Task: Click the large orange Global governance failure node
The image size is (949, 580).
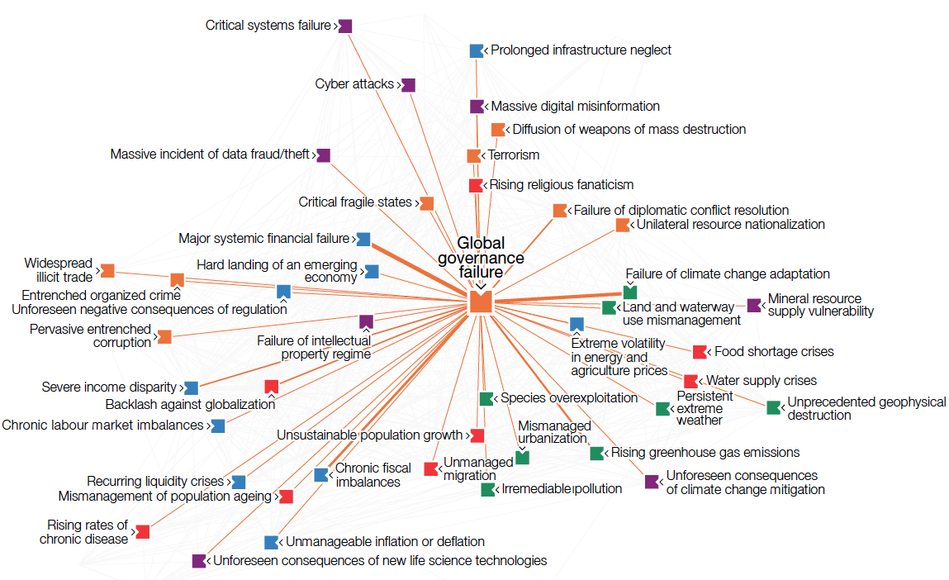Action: click(481, 302)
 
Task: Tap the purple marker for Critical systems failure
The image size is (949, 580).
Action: click(345, 26)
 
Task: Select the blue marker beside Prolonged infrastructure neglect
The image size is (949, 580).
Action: click(476, 50)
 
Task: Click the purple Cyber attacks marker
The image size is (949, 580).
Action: click(408, 85)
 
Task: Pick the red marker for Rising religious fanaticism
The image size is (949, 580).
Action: click(476, 185)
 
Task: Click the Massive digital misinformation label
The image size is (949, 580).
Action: click(575, 106)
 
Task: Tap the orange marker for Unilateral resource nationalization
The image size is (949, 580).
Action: click(622, 225)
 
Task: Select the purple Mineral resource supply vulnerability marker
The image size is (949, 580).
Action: click(753, 306)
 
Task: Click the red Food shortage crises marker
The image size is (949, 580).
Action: click(700, 352)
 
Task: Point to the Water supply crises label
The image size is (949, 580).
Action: click(761, 381)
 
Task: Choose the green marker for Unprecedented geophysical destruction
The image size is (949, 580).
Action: click(773, 407)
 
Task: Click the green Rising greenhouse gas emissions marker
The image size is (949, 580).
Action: click(596, 453)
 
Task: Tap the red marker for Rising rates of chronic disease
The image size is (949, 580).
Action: click(143, 531)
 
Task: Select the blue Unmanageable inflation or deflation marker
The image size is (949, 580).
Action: click(271, 542)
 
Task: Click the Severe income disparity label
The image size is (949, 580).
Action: click(109, 387)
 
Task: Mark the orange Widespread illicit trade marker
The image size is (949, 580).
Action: click(107, 270)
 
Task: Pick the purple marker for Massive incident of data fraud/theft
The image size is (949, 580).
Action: click(324, 155)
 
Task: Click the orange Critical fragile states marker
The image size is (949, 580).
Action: click(426, 203)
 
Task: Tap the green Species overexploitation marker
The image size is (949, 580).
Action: click(486, 398)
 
